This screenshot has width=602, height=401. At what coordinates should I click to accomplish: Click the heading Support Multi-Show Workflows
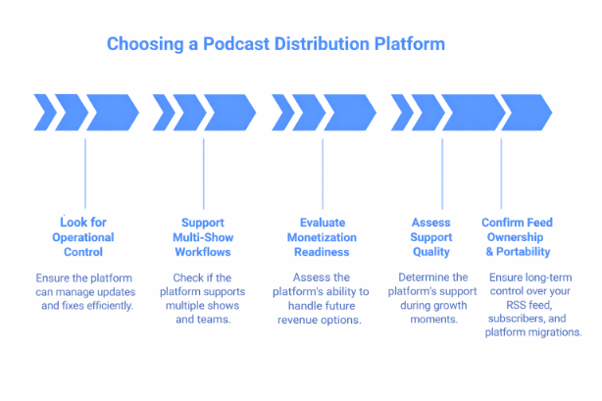pos(203,237)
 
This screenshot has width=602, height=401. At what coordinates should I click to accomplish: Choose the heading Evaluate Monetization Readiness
pos(324,237)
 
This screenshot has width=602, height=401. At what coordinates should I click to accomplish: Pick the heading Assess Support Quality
pos(430,237)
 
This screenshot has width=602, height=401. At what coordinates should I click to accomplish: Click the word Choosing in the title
pos(139,44)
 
